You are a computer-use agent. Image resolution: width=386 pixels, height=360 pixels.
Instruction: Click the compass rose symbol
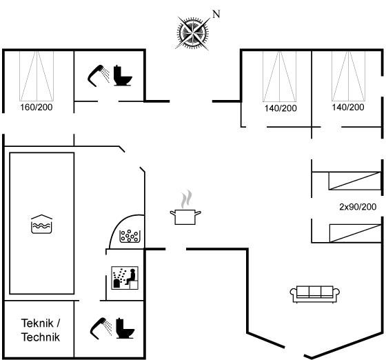193,32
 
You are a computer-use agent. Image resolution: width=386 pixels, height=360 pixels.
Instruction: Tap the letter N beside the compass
216,14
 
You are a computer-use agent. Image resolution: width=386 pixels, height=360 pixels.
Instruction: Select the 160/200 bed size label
37,108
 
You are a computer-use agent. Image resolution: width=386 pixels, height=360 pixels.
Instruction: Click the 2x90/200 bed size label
358,207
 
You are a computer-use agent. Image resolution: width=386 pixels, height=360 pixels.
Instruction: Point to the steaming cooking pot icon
185,208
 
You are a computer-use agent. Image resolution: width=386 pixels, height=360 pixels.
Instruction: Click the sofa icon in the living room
315,294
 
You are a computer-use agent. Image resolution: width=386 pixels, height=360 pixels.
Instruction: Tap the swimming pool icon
41,224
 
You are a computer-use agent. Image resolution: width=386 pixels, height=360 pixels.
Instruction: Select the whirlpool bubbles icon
130,236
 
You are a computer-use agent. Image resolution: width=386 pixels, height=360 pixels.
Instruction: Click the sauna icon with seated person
125,278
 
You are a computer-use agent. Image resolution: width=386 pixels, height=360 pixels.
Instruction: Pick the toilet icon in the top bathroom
123,75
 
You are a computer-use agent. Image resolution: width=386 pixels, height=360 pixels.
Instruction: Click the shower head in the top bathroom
99,76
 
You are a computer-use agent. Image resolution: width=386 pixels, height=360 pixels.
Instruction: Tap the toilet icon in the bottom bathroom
125,328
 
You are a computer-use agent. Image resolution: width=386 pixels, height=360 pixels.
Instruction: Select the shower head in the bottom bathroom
101,328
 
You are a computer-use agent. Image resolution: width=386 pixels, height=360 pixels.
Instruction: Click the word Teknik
37,323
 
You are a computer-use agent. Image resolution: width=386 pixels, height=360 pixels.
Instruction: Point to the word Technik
41,337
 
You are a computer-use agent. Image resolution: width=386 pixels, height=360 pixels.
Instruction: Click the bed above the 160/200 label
37,76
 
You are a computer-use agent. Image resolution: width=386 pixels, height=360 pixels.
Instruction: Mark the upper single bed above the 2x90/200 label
355,181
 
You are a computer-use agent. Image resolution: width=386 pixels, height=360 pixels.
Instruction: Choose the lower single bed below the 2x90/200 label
356,233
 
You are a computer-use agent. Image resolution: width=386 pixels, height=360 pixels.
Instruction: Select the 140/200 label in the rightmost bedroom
348,108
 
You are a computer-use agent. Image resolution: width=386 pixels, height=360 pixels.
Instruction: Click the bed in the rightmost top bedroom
348,76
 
